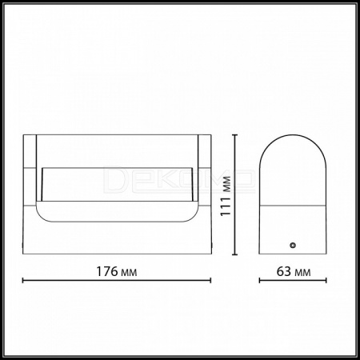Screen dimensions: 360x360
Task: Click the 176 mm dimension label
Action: click(117, 271)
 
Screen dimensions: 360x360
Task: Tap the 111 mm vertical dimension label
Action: click(226, 196)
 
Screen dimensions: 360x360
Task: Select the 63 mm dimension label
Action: click(294, 271)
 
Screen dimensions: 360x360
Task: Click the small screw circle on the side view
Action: click(293, 245)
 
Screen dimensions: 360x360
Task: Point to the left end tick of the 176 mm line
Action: click(23, 281)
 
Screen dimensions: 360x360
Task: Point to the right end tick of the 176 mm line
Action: click(210, 281)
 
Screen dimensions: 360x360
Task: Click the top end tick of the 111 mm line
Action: click(234, 135)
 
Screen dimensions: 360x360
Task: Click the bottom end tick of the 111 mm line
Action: click(234, 254)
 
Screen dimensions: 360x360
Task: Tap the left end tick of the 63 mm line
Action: click(260, 281)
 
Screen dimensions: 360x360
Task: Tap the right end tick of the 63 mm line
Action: click(326, 281)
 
